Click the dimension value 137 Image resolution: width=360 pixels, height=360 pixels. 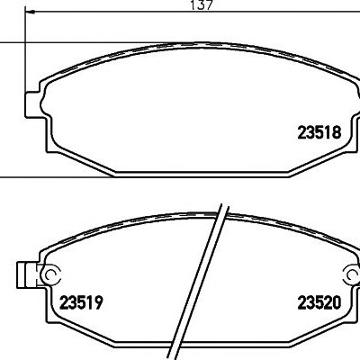pyautogui.click(x=202, y=4)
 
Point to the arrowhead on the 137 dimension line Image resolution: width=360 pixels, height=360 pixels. pyautogui.click(x=31, y=12)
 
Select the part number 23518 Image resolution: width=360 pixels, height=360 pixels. pyautogui.click(x=319, y=132)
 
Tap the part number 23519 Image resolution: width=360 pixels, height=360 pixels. pyautogui.click(x=81, y=302)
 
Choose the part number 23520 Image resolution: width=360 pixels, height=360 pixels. pyautogui.click(x=319, y=302)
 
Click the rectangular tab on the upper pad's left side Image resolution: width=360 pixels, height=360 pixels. pyautogui.click(x=32, y=103)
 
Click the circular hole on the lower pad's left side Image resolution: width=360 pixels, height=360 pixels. pyautogui.click(x=50, y=274)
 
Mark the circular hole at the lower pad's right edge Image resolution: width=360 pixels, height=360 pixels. pyautogui.click(x=354, y=274)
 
